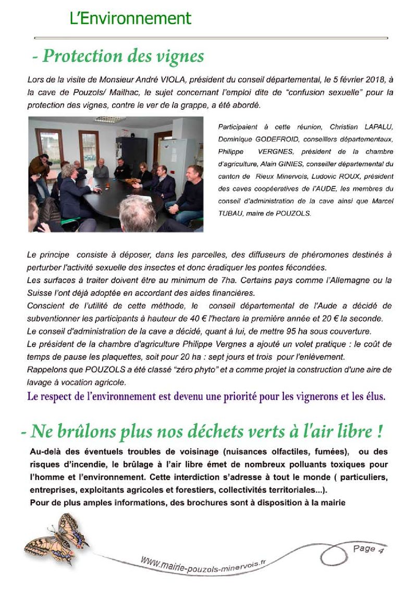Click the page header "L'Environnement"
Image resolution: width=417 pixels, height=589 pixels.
point(130,19)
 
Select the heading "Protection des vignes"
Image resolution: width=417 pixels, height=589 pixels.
point(123,56)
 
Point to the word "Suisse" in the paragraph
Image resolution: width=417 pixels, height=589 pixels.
point(39,293)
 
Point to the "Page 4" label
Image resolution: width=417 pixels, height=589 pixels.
point(368,548)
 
